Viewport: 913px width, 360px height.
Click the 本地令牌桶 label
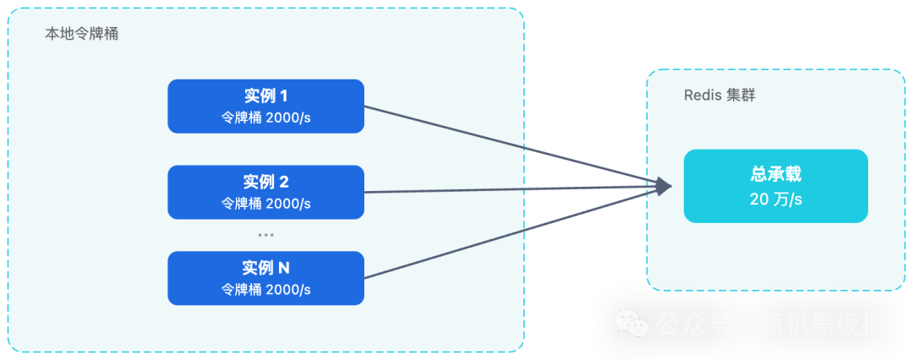coord(81,35)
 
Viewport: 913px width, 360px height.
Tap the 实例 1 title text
coord(265,96)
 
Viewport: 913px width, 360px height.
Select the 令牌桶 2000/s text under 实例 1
coord(265,118)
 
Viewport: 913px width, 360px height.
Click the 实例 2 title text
coord(265,182)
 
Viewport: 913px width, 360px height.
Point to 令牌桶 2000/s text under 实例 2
coord(265,204)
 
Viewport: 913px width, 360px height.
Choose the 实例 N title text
coord(265,268)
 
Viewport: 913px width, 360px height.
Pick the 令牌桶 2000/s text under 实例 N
coord(265,290)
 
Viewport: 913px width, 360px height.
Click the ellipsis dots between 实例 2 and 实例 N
coord(265,235)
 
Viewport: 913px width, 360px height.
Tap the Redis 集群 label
coord(719,95)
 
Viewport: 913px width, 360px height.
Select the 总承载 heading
coord(775,175)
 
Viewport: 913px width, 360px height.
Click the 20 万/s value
coord(775,199)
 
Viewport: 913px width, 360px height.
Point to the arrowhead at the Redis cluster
coord(664,186)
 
